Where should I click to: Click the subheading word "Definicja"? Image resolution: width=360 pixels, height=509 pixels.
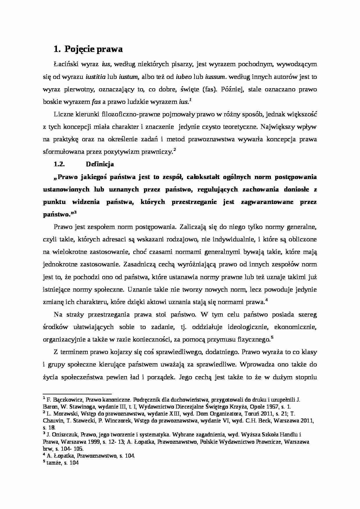click(100, 164)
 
